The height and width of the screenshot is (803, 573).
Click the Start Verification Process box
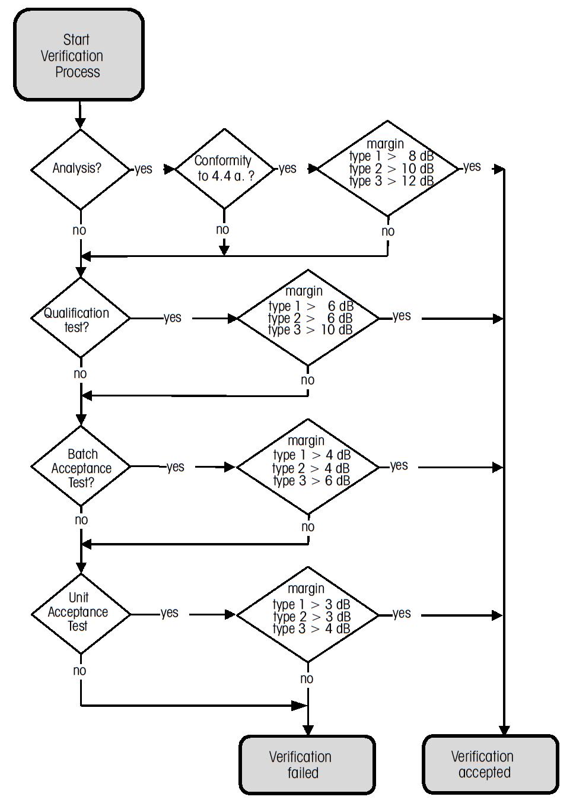(x=79, y=55)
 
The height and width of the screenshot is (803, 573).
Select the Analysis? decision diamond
(x=80, y=169)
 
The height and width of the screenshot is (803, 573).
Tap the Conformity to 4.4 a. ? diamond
(x=224, y=169)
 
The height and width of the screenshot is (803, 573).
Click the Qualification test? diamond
(x=80, y=319)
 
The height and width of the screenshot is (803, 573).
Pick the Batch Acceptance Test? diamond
(x=80, y=468)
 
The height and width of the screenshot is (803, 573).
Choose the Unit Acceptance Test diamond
(x=80, y=614)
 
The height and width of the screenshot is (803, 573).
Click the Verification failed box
(x=307, y=764)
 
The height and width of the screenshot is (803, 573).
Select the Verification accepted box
(x=491, y=764)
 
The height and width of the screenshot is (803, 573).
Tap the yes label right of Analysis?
(x=144, y=169)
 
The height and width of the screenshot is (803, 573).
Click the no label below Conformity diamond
(x=222, y=230)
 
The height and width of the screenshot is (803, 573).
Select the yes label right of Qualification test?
(x=173, y=318)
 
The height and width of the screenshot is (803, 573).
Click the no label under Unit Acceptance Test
(x=79, y=671)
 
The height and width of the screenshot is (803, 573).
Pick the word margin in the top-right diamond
(x=385, y=144)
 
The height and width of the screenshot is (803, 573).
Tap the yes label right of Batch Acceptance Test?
(x=176, y=467)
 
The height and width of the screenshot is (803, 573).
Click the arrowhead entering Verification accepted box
(x=504, y=730)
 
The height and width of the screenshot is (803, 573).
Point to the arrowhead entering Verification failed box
(x=308, y=730)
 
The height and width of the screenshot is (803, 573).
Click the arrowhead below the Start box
(x=80, y=123)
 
